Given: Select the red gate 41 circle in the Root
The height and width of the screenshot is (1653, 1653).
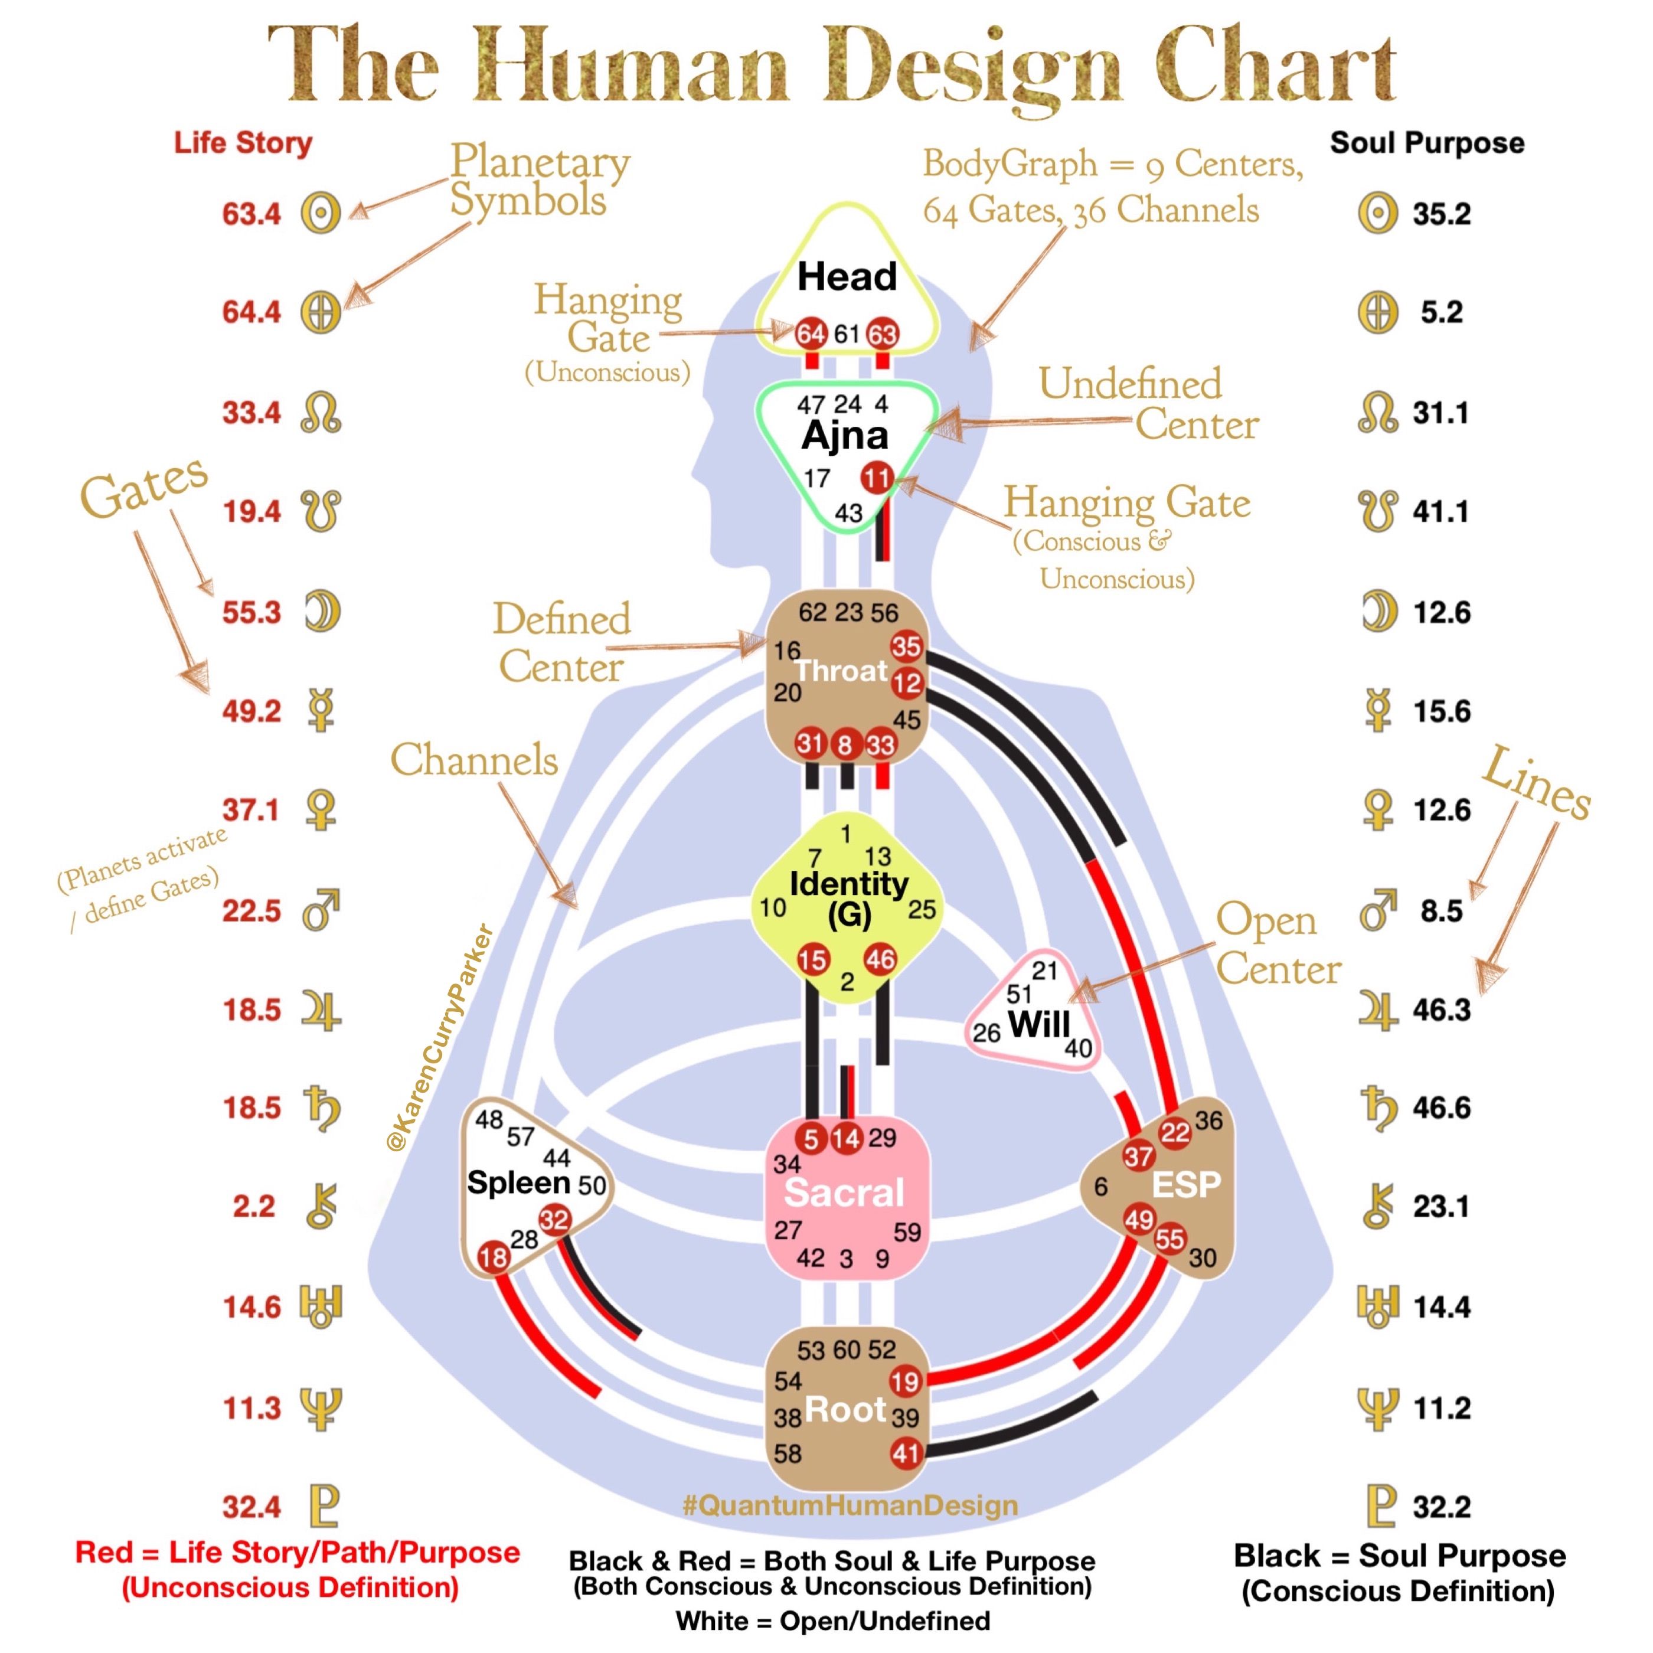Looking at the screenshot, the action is tap(905, 1453).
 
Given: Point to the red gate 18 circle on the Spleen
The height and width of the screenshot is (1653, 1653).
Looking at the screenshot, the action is tap(494, 1257).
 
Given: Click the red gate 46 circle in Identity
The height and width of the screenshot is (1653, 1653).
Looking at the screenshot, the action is tap(880, 960).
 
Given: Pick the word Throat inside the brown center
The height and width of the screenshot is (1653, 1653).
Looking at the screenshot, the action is tap(841, 671).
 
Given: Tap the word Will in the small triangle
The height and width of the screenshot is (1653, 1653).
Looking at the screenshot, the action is tap(1038, 1024).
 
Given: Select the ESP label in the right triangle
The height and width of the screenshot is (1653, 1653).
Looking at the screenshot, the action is tap(1186, 1184).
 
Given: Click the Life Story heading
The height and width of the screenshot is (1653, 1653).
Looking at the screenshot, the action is tap(243, 143).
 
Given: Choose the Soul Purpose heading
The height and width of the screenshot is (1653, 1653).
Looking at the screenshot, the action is tap(1427, 143).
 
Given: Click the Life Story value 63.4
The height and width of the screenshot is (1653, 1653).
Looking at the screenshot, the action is tap(251, 213).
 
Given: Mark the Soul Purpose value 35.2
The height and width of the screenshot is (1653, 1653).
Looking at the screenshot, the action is tap(1442, 213).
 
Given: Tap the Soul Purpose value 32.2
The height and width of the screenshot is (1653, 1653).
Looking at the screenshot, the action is tap(1442, 1506).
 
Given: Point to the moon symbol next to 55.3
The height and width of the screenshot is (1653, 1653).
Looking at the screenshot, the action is tap(322, 612).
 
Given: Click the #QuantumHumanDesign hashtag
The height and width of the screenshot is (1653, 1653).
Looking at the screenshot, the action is tap(851, 1505).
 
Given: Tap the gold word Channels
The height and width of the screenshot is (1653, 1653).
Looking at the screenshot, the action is tap(474, 760).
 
